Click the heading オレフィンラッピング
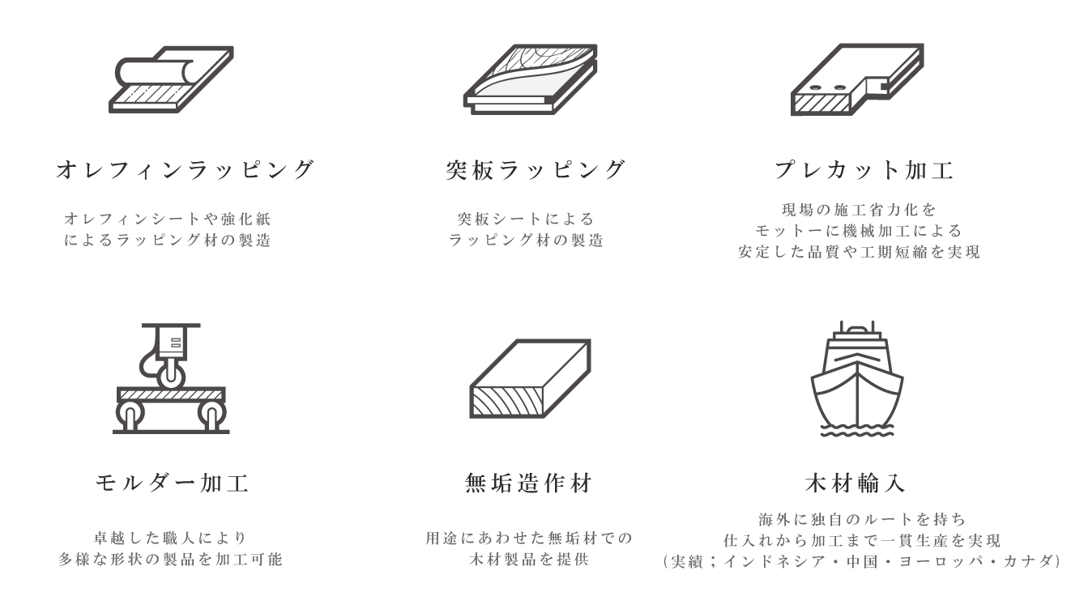[185, 170]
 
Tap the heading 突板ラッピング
[536, 170]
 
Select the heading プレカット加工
[864, 170]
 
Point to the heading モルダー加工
[172, 483]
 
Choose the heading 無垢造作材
[528, 483]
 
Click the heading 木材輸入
[856, 483]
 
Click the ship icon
[857, 378]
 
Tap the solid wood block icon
[531, 378]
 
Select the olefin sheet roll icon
[171, 79]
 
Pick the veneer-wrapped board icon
[531, 79]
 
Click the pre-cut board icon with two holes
[857, 79]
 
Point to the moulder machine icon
[171, 378]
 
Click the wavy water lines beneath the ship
[857, 430]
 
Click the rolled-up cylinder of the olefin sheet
[155, 71]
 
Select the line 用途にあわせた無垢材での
[529, 538]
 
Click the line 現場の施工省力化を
[860, 210]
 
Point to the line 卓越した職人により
[170, 538]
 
